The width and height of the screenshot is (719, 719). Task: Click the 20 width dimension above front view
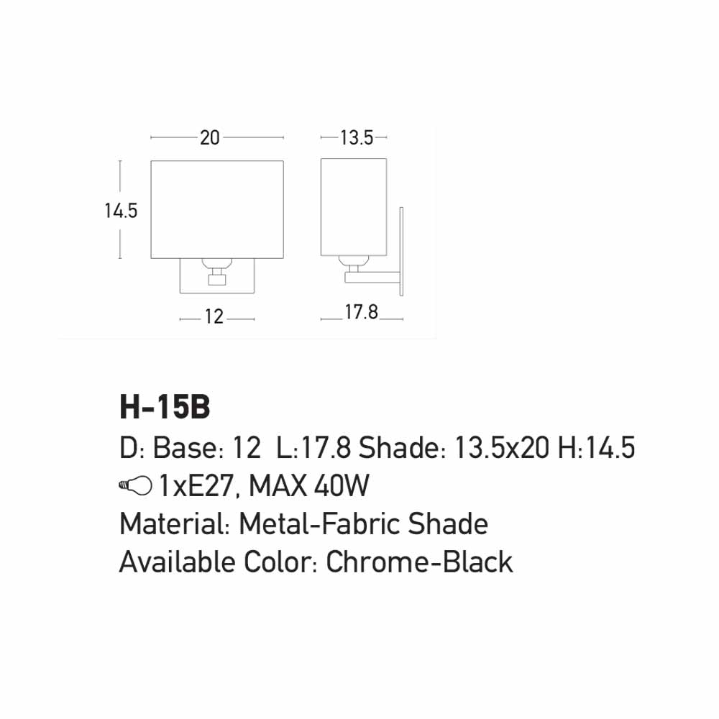(209, 137)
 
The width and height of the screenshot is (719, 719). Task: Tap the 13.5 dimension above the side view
(357, 137)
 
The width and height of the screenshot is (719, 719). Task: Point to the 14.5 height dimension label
(121, 211)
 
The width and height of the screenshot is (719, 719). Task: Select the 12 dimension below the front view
(214, 317)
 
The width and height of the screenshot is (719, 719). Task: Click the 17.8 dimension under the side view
(362, 312)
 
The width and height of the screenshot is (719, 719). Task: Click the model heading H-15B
(165, 407)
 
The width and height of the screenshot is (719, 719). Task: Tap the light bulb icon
(135, 485)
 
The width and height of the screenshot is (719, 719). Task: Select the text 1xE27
(196, 486)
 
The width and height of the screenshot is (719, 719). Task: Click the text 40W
(341, 486)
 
